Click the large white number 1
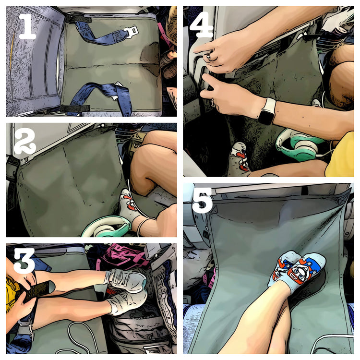27,26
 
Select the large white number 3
24,261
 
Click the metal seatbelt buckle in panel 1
131,31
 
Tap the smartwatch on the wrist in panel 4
267,111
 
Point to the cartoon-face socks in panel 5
297,271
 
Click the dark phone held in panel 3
38,290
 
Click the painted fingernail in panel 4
208,57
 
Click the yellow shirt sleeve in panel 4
341,156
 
